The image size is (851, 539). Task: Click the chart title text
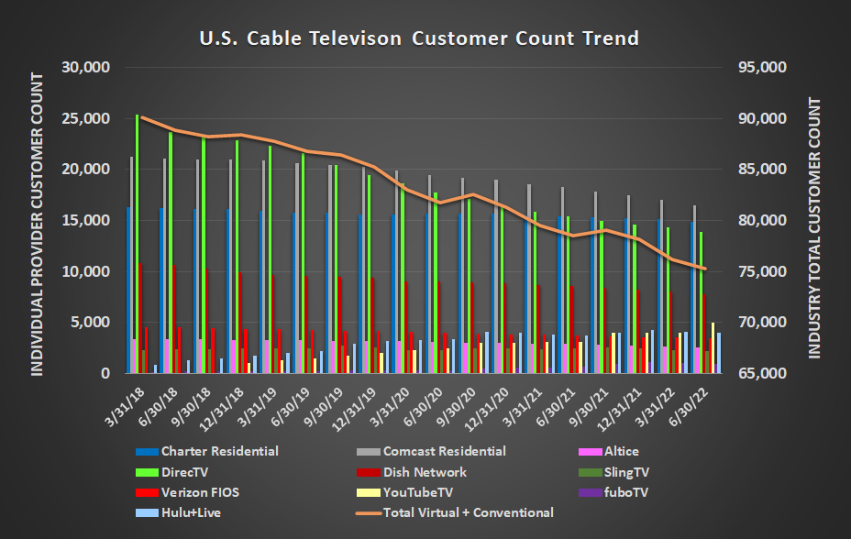tap(419, 38)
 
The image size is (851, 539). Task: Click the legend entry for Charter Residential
tap(219, 451)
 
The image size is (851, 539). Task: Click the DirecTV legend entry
tap(186, 472)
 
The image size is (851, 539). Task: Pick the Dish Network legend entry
tap(424, 472)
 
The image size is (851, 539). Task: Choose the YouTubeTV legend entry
tap(416, 492)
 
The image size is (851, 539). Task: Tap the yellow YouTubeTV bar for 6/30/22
tap(713, 348)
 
